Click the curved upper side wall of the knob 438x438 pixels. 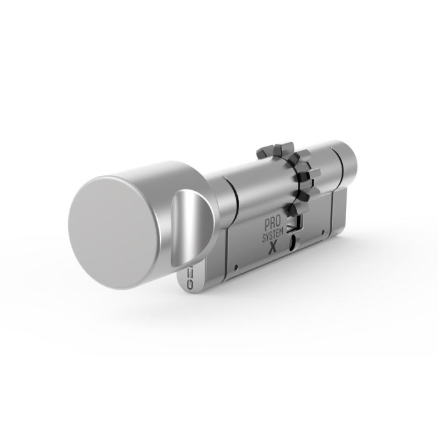[156, 172]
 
